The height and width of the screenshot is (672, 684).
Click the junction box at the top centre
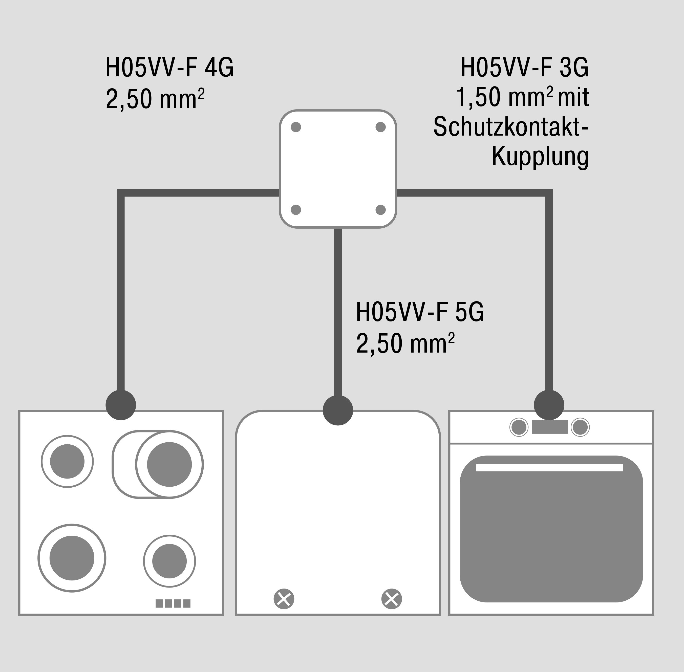click(x=338, y=169)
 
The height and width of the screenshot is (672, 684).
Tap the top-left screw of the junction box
click(x=296, y=127)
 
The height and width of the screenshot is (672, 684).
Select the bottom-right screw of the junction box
click(x=380, y=210)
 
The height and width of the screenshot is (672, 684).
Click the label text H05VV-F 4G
click(x=169, y=68)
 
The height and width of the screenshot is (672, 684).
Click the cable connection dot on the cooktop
click(x=121, y=405)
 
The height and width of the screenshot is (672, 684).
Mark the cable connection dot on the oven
click(x=549, y=405)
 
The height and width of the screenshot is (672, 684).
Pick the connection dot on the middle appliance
click(x=338, y=410)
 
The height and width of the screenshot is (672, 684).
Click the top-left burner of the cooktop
click(x=67, y=461)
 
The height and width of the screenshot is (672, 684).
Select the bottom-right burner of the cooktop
click(x=169, y=561)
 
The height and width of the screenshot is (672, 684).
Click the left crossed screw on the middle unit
click(x=284, y=599)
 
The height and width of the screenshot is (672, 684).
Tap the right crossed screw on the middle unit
click(x=391, y=599)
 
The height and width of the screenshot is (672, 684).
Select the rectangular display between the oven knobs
click(x=549, y=427)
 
